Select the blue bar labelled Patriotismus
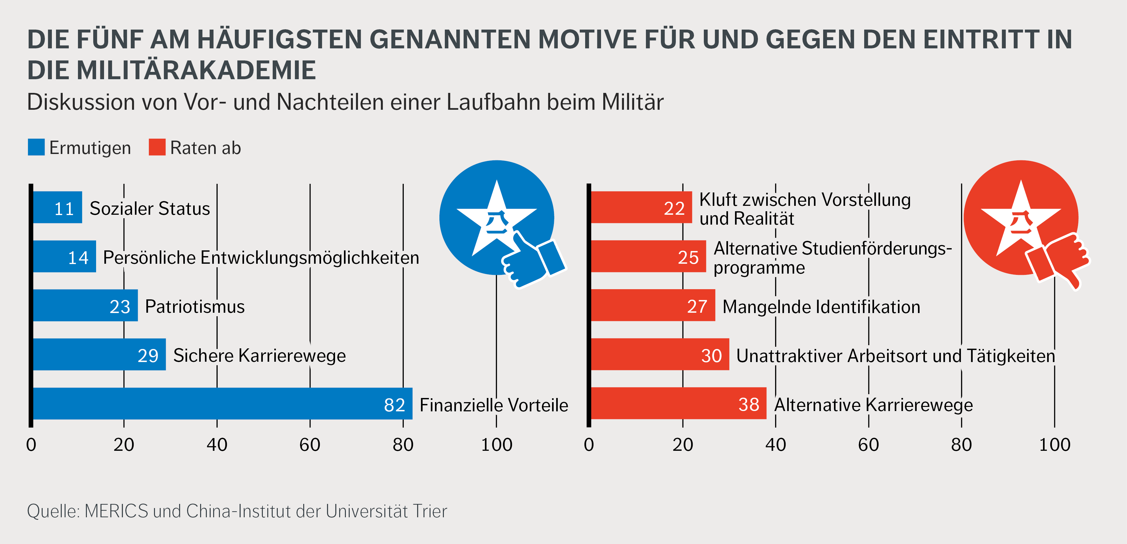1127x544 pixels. click(x=85, y=305)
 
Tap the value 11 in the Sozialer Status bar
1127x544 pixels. click(x=64, y=209)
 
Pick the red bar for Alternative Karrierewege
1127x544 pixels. click(x=678, y=403)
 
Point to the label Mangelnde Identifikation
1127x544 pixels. click(x=821, y=307)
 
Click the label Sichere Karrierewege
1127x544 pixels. click(x=259, y=356)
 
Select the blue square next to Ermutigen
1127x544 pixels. click(x=36, y=147)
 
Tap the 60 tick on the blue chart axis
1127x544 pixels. click(x=310, y=445)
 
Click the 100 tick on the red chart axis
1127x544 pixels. click(x=1054, y=445)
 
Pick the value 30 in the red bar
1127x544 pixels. click(x=711, y=356)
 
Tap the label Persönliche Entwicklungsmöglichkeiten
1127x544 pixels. click(x=261, y=258)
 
